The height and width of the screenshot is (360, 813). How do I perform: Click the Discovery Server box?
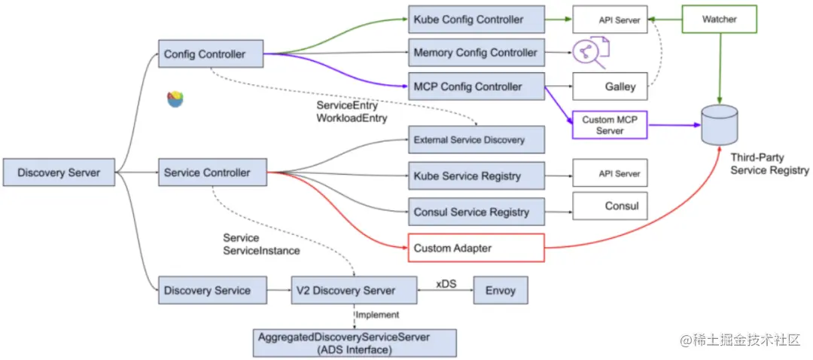pos(59,173)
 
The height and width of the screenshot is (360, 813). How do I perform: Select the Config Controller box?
pos(212,54)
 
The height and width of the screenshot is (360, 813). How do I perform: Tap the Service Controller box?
pos(212,173)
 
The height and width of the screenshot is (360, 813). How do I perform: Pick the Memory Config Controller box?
pos(476,53)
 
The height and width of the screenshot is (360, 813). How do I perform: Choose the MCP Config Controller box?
pos(476,87)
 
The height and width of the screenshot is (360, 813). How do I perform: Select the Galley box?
pos(610,87)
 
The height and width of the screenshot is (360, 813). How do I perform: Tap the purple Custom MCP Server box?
pos(610,125)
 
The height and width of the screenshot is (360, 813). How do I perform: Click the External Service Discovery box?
pos(476,139)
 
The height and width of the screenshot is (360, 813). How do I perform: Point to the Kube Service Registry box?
pos(476,175)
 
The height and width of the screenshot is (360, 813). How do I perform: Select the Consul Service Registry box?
pos(476,212)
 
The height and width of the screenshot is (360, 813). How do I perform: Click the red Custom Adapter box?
pos(476,248)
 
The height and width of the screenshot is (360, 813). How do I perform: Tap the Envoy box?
pos(501,290)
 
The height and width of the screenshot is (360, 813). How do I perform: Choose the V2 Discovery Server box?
pos(354,290)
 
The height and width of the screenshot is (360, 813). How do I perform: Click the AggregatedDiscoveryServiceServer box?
pos(355,343)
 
